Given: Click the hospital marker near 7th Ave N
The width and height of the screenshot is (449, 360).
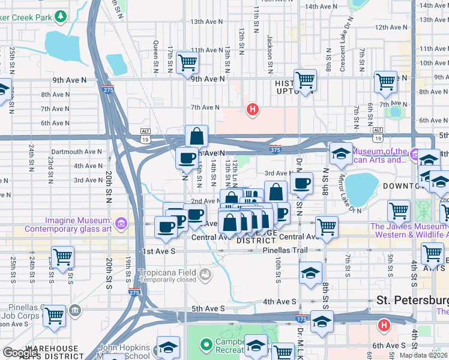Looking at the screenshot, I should [x=253, y=109].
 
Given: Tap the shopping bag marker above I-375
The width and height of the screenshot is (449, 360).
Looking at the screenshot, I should [x=196, y=137].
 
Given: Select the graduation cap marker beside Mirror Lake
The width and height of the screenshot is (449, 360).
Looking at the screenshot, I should [x=341, y=155].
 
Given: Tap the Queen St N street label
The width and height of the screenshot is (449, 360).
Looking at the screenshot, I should [x=155, y=58].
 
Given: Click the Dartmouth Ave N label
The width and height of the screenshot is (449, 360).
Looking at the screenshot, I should [x=77, y=152].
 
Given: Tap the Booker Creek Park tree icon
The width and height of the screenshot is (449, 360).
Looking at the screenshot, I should [x=61, y=16].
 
